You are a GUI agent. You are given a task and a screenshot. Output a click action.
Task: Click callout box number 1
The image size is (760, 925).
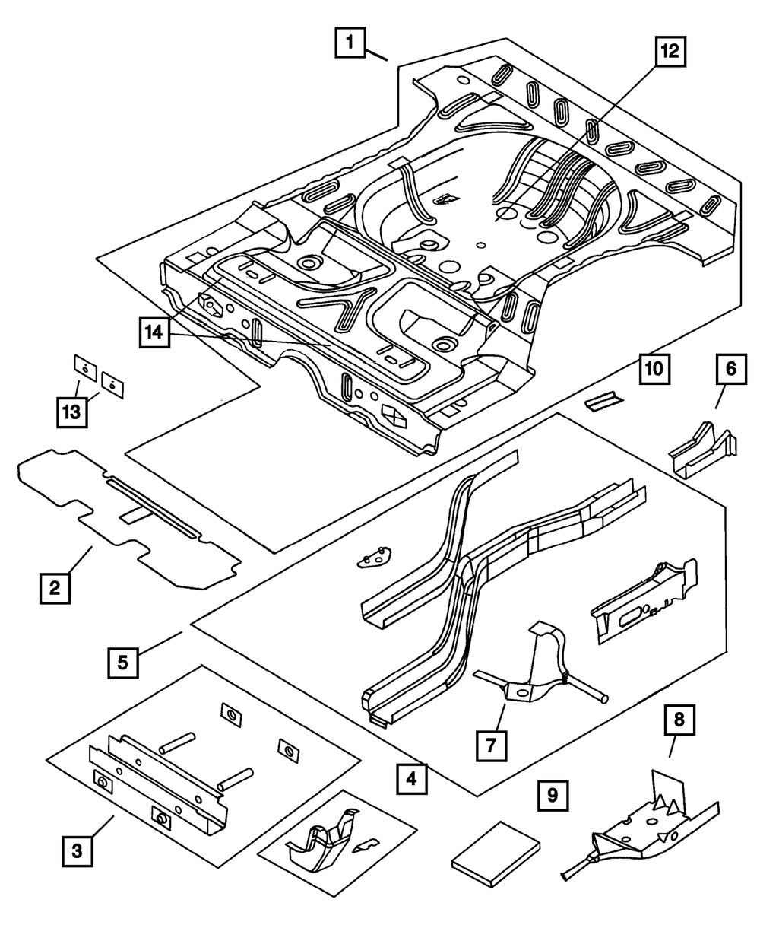[x=350, y=42]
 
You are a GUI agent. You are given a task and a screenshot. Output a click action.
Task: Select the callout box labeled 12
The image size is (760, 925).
[x=670, y=52]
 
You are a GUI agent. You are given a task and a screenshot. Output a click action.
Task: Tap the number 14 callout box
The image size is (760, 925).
[x=154, y=333]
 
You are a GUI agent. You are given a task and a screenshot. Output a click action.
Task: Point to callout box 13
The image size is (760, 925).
[x=72, y=412]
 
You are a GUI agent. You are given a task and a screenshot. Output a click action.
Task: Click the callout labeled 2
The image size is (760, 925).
[x=55, y=588]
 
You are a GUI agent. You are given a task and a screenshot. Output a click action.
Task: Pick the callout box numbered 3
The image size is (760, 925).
[x=77, y=851]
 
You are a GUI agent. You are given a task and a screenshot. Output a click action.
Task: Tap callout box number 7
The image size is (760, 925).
[x=491, y=745]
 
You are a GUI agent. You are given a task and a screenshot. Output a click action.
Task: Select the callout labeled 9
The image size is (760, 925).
[x=553, y=796]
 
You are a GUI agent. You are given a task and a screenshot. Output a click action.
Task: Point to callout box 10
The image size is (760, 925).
[x=654, y=369]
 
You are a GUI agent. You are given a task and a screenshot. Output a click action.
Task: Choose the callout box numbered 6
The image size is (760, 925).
[x=732, y=369]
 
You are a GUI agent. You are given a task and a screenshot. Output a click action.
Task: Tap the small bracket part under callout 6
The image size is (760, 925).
[x=702, y=449]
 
